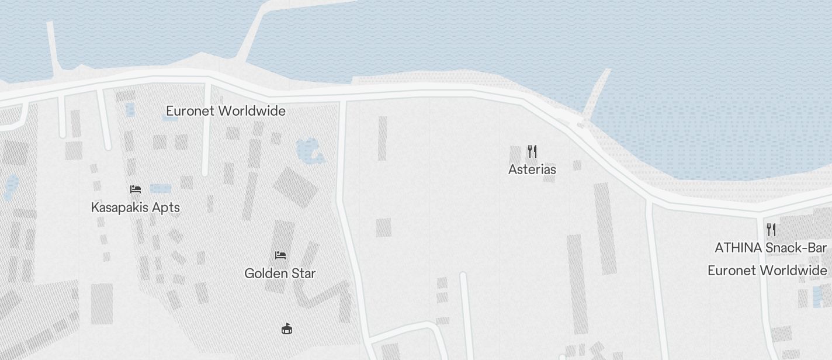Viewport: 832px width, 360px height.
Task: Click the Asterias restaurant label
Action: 532,169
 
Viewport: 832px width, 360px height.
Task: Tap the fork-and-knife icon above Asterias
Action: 532,151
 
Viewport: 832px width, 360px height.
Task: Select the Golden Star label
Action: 280,273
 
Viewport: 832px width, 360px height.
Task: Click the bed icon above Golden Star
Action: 280,255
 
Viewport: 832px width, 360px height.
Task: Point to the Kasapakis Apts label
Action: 135,207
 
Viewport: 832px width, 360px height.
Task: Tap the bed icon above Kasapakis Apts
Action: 136,189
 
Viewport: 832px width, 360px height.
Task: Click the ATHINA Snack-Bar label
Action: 771,248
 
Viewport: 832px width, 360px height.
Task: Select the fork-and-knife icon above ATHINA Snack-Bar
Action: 771,229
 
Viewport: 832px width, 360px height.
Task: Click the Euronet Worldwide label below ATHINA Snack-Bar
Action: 767,271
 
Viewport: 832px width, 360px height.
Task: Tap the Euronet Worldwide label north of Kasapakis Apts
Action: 226,111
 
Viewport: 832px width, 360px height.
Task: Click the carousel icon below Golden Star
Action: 286,329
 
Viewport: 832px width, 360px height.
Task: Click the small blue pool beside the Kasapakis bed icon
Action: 161,188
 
